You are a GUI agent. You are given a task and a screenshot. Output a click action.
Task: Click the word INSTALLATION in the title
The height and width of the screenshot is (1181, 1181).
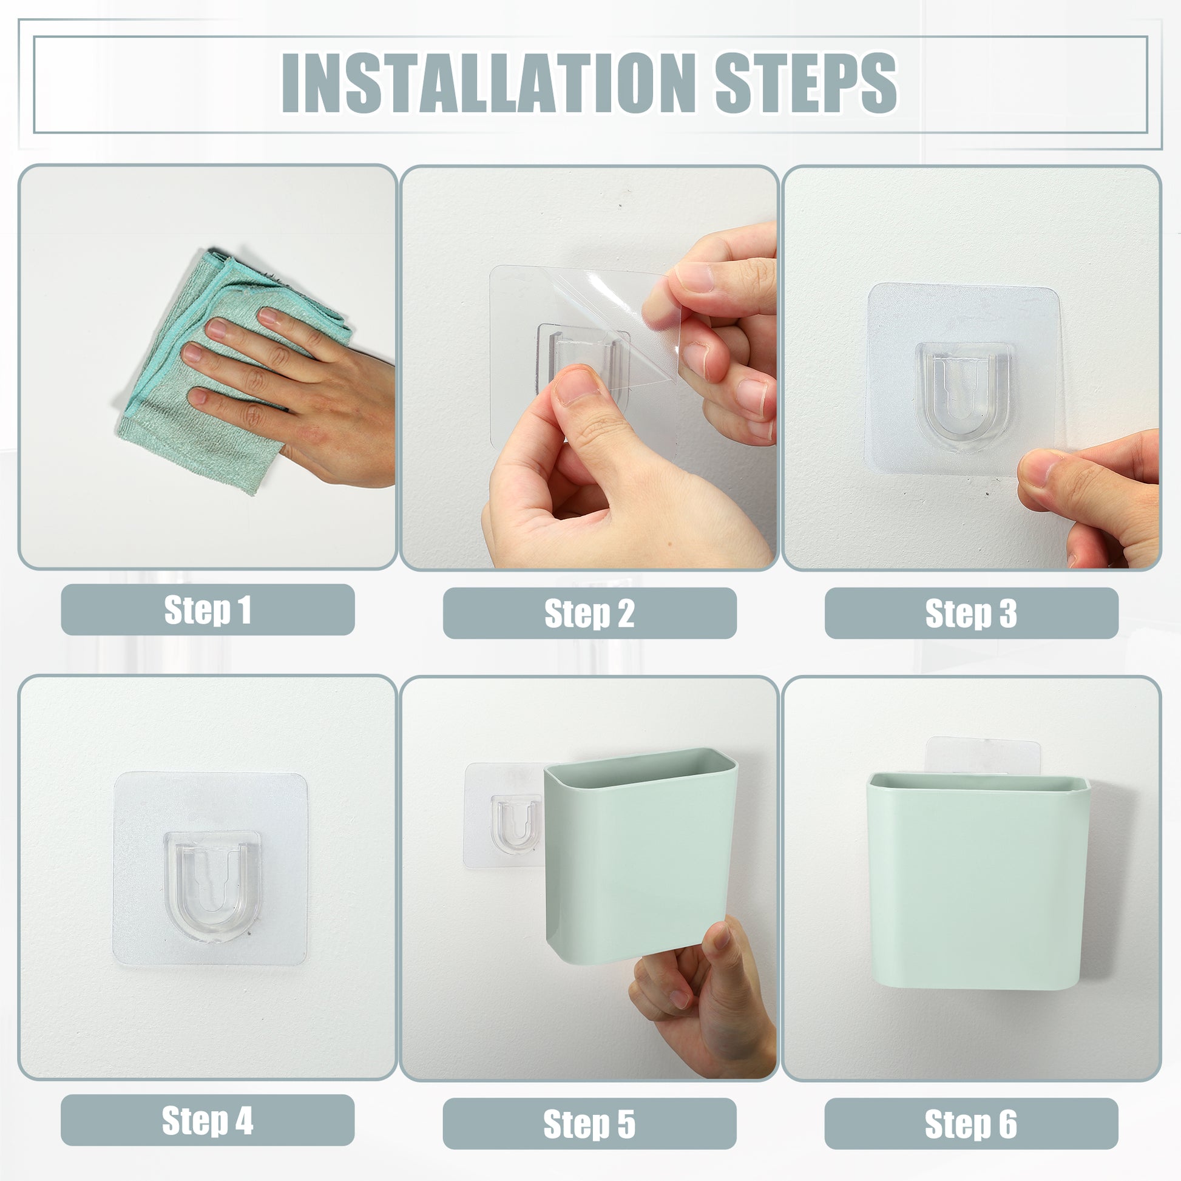tap(486, 83)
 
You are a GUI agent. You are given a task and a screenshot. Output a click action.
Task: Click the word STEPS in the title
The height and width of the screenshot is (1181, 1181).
tap(807, 83)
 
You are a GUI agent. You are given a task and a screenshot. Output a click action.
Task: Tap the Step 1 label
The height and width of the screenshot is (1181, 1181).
tap(208, 609)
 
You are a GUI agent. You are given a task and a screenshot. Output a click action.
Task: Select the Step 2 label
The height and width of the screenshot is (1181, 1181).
tap(589, 613)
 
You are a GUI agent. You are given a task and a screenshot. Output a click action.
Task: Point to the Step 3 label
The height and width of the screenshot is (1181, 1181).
tap(971, 613)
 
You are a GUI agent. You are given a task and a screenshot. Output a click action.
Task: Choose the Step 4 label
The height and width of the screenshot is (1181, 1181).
tap(207, 1120)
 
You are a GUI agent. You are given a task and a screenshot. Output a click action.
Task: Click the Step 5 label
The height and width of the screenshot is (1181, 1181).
tap(589, 1123)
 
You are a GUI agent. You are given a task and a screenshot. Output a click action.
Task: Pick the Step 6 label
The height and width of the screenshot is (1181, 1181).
tap(971, 1123)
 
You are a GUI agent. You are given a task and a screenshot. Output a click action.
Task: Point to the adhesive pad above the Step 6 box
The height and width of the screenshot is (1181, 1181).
tap(983, 756)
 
